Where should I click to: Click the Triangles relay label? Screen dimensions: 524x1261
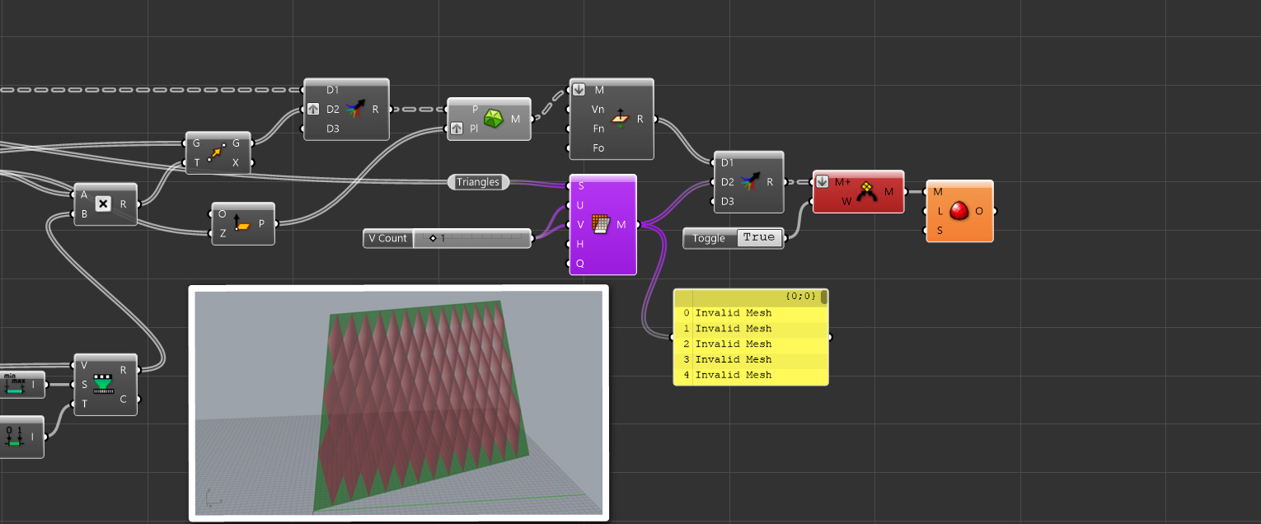pos(478,182)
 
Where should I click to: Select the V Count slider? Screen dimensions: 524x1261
pos(471,238)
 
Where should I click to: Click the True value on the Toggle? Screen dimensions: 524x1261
pos(758,237)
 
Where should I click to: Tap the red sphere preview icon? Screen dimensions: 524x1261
pos(959,211)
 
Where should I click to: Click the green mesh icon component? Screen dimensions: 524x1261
pos(493,119)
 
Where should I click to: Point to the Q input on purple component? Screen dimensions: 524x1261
pos(580,264)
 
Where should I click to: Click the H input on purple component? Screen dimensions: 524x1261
pos(580,244)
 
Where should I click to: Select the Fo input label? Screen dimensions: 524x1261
pos(598,148)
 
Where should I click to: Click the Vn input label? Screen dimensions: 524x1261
pos(598,109)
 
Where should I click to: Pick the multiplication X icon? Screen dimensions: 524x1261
pos(103,204)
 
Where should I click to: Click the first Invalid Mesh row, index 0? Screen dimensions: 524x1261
pos(733,313)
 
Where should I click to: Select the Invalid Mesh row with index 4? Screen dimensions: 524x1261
pos(733,375)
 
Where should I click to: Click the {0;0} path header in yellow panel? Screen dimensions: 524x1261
pos(799,296)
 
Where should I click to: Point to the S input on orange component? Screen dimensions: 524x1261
pos(939,231)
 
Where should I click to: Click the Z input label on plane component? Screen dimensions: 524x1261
pos(223,233)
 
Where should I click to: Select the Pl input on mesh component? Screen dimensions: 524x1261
pos(473,129)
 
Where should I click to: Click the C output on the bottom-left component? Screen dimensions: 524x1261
pos(124,400)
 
